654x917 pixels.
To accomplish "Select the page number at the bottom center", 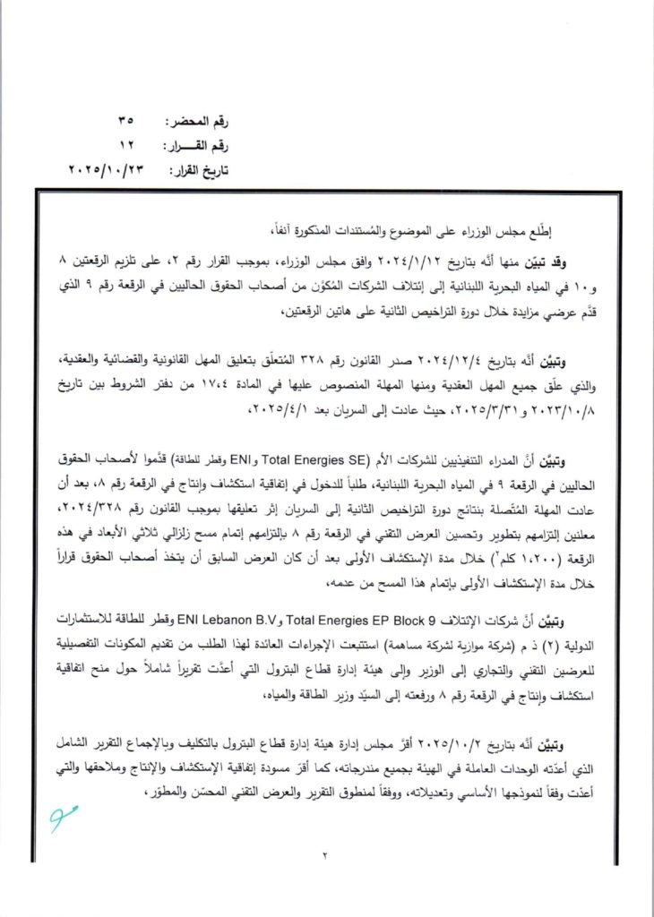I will click(x=329, y=859).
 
